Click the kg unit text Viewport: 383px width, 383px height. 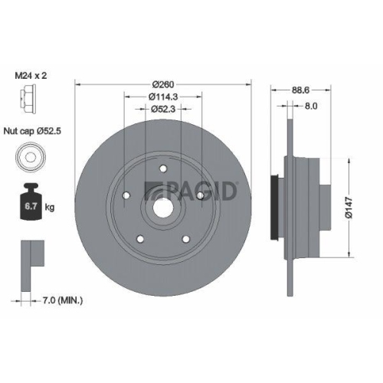pos(49,207)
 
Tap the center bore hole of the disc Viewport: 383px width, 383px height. pos(162,208)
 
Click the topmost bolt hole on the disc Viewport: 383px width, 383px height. pos(162,170)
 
